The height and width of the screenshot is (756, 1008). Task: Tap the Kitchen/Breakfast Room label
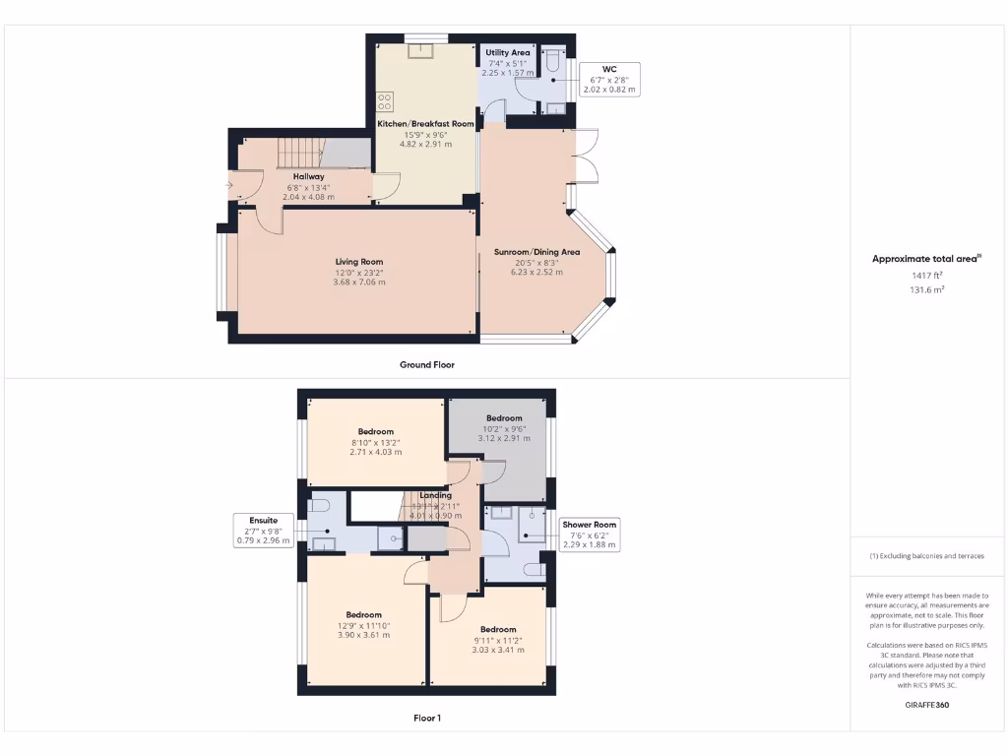426,124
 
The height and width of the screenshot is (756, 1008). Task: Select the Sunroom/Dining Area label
536,252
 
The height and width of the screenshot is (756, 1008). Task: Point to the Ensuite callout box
263,530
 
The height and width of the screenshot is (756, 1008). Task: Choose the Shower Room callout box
590,535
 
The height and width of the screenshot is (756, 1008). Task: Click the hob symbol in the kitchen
386,100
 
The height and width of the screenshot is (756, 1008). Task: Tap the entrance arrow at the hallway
231,183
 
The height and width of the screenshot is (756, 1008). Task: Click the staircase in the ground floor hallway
299,154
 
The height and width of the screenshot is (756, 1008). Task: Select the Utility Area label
508,52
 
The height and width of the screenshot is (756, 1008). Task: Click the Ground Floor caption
426,364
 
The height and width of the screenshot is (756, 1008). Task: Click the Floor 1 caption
426,718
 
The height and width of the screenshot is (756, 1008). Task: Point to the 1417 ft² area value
926,276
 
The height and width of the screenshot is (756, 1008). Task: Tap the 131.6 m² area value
926,290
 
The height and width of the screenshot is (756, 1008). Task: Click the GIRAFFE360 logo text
926,705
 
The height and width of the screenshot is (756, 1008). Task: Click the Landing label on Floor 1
435,495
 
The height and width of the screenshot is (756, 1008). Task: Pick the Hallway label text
308,176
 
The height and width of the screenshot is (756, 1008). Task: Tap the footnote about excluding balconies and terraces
926,556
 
